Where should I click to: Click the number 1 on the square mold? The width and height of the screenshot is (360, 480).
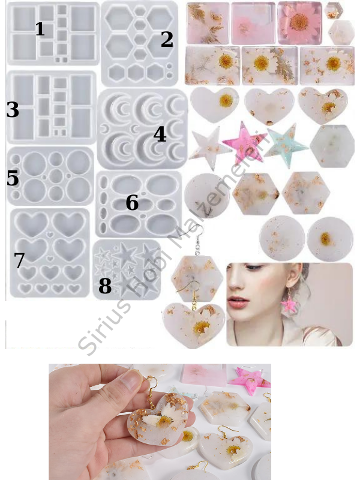click(40, 29)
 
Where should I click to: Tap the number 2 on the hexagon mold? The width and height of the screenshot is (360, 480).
click(167, 39)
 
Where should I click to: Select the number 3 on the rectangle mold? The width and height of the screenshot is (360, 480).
click(13, 110)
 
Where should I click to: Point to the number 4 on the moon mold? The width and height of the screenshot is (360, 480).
click(160, 134)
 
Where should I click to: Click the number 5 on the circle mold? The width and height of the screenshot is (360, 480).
click(13, 178)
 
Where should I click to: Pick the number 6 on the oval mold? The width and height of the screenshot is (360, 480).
click(132, 203)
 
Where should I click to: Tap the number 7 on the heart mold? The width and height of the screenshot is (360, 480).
click(19, 260)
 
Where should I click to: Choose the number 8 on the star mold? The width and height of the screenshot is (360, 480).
click(104, 286)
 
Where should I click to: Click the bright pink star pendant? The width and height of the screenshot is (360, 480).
click(244, 143)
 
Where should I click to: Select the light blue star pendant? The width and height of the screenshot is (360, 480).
click(286, 145)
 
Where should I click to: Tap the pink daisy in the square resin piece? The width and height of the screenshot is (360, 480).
click(299, 22)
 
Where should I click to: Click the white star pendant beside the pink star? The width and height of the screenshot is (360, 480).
click(208, 148)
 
